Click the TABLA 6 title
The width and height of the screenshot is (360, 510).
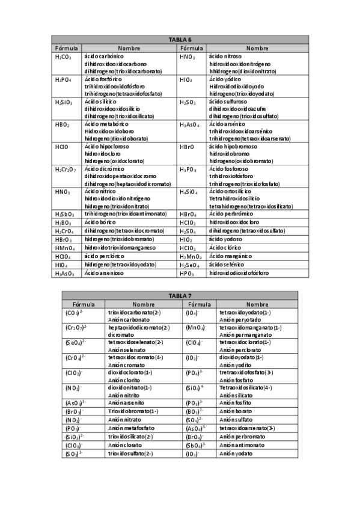coord(180,40)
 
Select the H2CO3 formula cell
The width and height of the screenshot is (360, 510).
coord(63,57)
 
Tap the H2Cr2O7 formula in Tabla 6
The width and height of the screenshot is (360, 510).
coord(66,170)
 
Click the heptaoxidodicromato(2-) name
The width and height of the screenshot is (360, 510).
coord(139,327)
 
